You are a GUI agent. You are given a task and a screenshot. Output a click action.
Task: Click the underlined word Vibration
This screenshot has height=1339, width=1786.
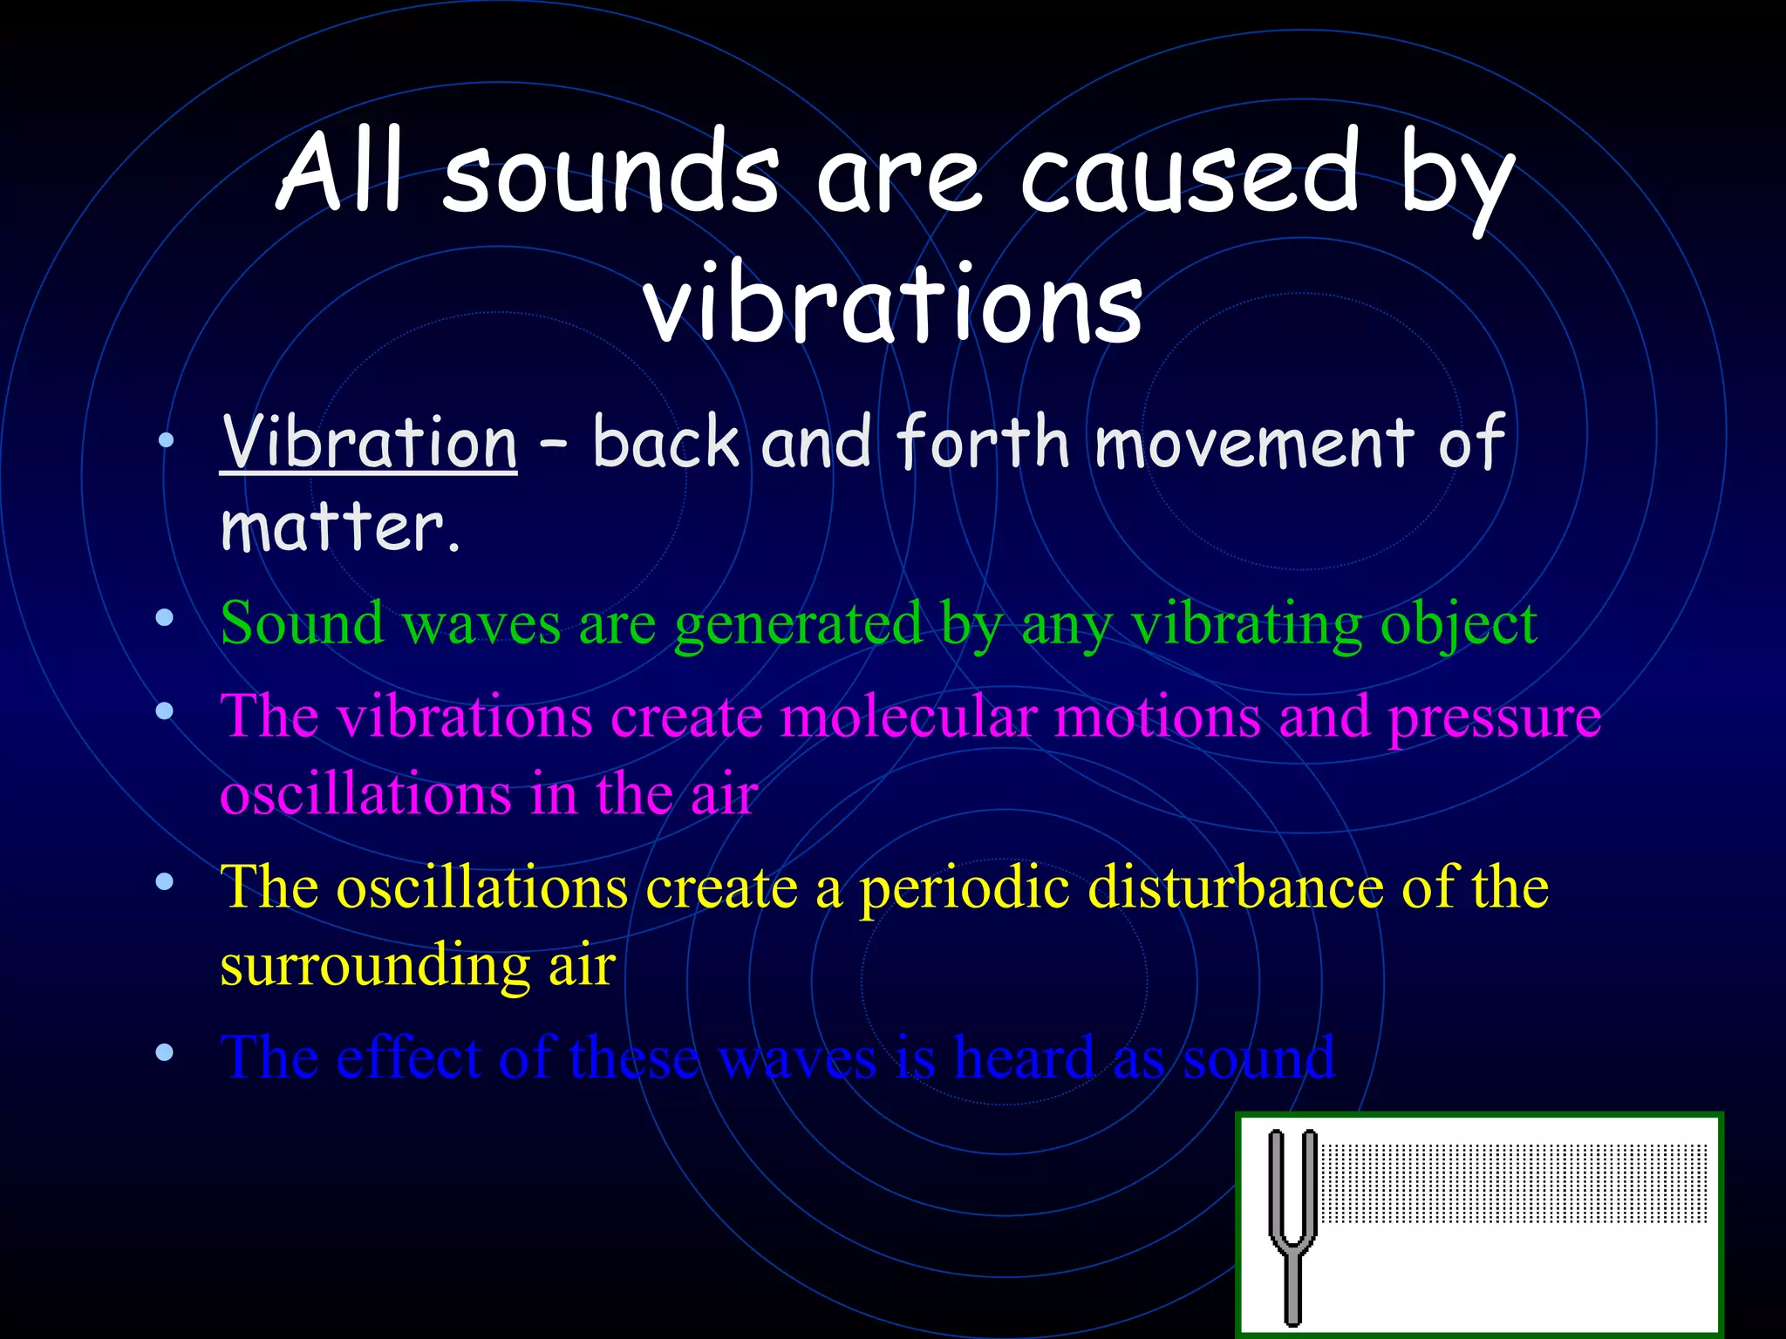tap(368, 442)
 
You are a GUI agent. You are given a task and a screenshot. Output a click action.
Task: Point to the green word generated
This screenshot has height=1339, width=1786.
tap(798, 625)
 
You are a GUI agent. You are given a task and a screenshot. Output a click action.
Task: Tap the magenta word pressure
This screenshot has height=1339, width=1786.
tap(1494, 718)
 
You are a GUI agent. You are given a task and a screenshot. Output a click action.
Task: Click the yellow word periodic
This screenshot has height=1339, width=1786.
tap(965, 889)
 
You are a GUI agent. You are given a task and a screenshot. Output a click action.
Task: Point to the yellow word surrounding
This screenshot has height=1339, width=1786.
tap(374, 967)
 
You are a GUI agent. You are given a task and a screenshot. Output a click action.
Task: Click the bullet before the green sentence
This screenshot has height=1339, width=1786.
tap(165, 619)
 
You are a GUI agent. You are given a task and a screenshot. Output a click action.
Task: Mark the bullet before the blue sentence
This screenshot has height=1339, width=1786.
tap(165, 1053)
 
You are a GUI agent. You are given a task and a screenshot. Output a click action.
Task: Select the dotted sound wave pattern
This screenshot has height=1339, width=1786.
tap(1513, 1184)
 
